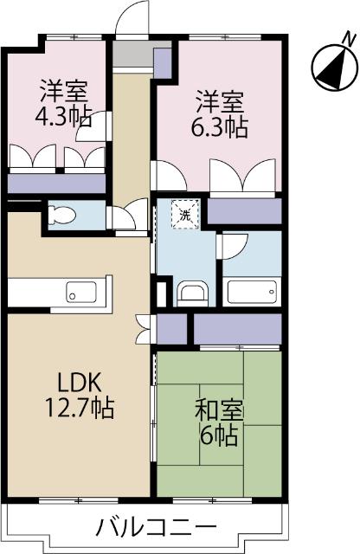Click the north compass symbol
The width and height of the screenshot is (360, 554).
(331, 68)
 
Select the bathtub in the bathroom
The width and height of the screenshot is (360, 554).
(252, 292)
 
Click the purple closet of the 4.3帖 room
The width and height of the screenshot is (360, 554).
(56, 184)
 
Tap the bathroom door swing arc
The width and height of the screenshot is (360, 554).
(232, 247)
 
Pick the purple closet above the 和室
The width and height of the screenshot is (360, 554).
(238, 328)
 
